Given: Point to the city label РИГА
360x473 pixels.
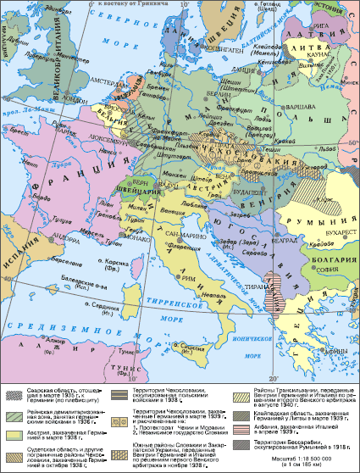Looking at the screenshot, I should [317, 38].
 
